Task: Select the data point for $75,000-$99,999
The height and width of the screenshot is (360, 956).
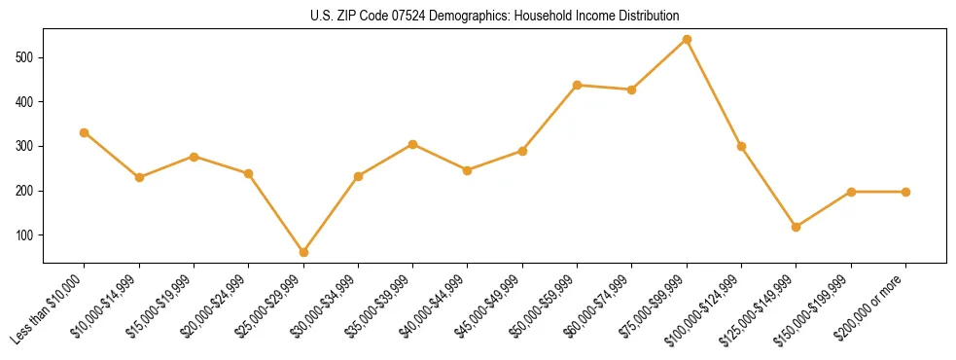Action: click(687, 40)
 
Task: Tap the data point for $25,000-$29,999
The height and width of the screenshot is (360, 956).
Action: click(303, 252)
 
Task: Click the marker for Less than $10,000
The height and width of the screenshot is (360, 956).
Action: click(85, 132)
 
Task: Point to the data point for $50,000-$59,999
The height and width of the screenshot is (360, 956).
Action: click(578, 85)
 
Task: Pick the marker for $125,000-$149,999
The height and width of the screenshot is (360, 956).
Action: click(797, 227)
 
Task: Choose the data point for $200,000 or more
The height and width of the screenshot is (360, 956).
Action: click(905, 192)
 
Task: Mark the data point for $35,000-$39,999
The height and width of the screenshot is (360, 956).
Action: click(413, 144)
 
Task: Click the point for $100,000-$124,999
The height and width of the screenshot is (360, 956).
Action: click(742, 146)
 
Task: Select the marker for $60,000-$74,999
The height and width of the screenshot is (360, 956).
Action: click(632, 90)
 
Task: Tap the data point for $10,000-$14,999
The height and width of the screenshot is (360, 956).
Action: click(139, 177)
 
